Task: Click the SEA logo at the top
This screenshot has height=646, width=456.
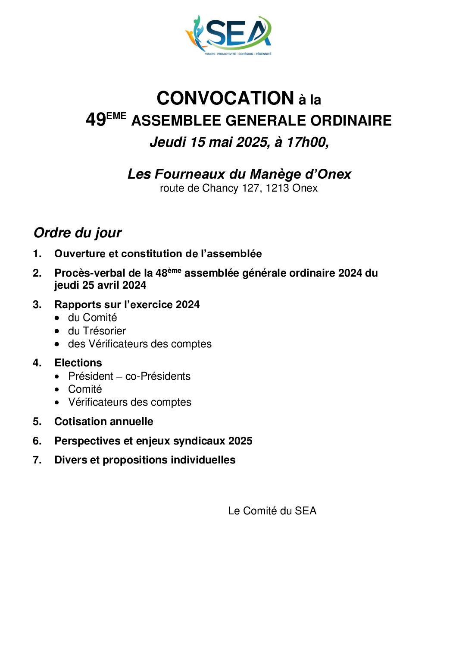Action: [x=228, y=35]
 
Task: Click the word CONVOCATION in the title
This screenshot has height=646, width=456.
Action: [x=225, y=98]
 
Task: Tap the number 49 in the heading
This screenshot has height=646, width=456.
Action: [x=96, y=120]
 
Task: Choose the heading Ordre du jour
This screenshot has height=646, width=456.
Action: [x=78, y=233]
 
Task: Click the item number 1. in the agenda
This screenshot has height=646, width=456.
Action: [x=37, y=254]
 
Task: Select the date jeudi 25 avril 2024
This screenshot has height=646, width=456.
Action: [x=100, y=285]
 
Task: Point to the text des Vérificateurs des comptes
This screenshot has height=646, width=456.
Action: [x=140, y=344]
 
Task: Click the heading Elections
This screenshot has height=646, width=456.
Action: [x=78, y=363]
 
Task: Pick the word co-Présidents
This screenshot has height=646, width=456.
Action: [x=158, y=376]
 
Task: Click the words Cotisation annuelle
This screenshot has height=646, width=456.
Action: [x=103, y=422]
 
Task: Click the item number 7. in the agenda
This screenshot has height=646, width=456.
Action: [x=37, y=460]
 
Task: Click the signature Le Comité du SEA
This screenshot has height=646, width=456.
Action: [x=272, y=511]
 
